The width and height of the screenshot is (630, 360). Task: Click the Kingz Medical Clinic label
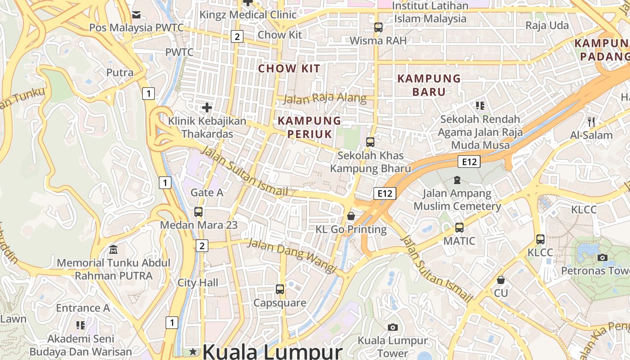coord(248,15)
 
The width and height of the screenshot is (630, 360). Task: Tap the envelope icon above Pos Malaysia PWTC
coord(136,15)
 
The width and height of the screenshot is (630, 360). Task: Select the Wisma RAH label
coord(378,40)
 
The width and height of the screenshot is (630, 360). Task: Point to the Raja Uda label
coord(547,26)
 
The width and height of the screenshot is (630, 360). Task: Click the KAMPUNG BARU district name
coord(429,85)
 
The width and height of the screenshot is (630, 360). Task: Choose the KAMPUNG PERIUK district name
coord(310,127)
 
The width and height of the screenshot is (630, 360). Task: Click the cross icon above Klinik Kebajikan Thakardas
coord(207,108)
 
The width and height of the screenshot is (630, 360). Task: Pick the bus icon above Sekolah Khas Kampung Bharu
coord(370,142)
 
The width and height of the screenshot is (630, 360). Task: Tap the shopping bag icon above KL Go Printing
coord(351,216)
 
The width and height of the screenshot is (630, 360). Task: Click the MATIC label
coord(459,241)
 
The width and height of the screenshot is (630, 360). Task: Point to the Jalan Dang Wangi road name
coord(292,255)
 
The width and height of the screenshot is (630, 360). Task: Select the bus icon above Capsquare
coord(280,289)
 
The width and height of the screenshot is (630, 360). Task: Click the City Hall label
coord(198,283)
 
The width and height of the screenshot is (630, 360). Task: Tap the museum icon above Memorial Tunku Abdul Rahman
coord(113,249)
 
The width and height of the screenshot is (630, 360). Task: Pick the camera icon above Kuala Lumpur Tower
coord(393,327)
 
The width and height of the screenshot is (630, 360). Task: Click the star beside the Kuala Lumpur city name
coord(193,351)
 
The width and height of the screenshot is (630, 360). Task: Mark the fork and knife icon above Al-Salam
coord(591,121)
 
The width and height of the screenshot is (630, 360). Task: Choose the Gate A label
coord(207,193)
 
